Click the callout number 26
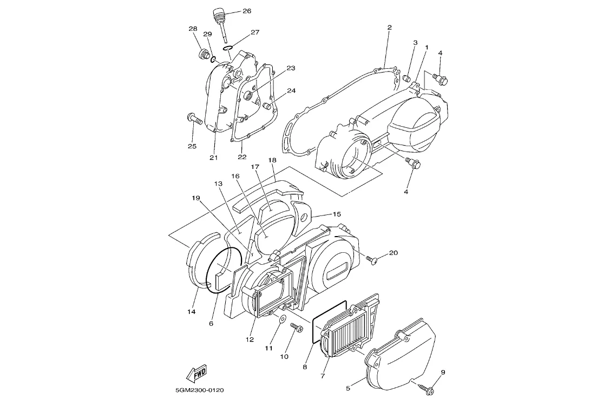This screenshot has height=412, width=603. (x=247, y=11)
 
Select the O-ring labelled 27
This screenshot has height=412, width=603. (x=228, y=48)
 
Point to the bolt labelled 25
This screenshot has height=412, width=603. (x=194, y=119)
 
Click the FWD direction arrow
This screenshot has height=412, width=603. (x=196, y=373)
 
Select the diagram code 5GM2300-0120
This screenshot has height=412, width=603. (x=200, y=390)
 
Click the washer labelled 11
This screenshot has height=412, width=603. (x=282, y=319)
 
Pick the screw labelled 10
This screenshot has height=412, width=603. (x=297, y=328)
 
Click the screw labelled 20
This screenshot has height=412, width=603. (x=371, y=260)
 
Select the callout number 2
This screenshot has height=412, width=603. (x=390, y=27)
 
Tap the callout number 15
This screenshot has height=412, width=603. (x=337, y=214)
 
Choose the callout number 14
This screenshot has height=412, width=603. (x=192, y=312)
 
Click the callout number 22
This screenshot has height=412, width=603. (x=242, y=157)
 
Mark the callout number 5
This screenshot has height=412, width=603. (x=348, y=388)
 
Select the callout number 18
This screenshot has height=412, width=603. (x=272, y=160)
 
